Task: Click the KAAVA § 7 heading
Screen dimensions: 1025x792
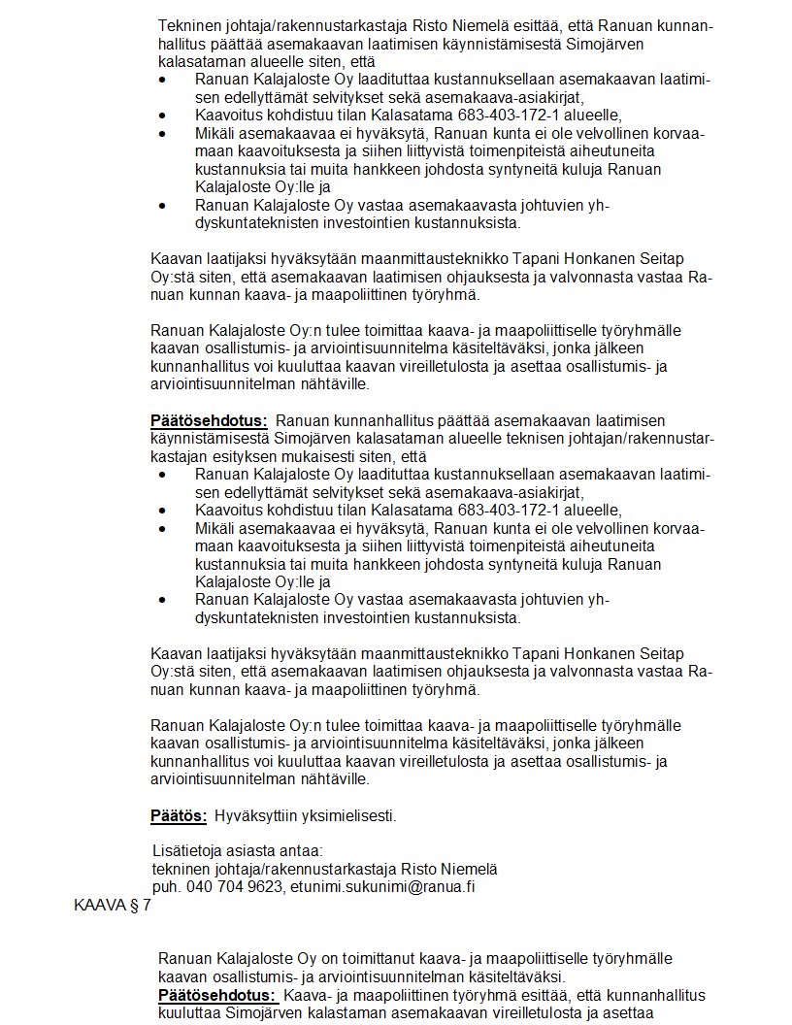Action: click(x=113, y=906)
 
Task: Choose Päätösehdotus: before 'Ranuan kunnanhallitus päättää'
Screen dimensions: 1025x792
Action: click(x=209, y=420)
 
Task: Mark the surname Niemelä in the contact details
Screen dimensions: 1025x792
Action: click(x=469, y=868)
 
